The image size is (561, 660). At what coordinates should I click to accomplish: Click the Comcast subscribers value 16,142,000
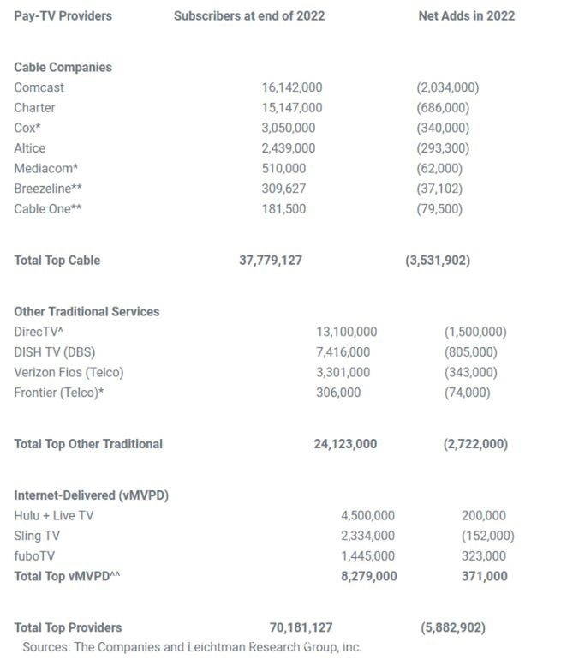click(x=292, y=87)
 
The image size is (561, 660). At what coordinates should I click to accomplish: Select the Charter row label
click(x=34, y=108)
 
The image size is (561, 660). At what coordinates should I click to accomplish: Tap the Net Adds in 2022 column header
click(x=466, y=15)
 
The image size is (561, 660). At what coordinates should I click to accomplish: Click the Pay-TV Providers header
click(x=63, y=15)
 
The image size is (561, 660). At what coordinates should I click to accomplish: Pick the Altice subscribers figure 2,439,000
click(x=288, y=148)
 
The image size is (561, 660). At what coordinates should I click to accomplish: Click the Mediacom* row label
click(x=45, y=169)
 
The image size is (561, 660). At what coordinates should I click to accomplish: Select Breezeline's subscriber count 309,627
click(x=283, y=189)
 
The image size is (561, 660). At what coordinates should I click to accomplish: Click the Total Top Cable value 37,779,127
click(x=270, y=260)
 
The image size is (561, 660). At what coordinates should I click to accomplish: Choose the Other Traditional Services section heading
click(x=87, y=311)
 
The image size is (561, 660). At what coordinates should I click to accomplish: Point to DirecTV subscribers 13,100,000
click(x=346, y=332)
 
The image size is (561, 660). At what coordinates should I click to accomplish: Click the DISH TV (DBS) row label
click(x=57, y=352)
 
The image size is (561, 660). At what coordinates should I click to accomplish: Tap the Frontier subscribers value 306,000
click(x=338, y=393)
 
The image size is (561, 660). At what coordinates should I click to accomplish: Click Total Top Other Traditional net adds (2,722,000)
click(x=475, y=444)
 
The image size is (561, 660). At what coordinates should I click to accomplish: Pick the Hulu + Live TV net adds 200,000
click(x=483, y=516)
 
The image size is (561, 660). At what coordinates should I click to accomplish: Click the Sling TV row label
click(x=37, y=536)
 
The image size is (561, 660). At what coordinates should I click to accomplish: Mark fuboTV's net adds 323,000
click(x=483, y=556)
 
